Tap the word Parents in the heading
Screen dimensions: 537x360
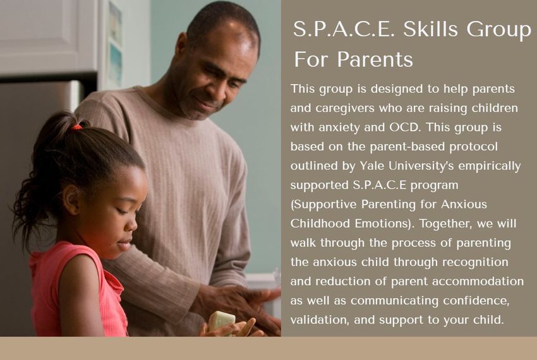[375, 59]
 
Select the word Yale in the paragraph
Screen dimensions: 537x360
[371, 165]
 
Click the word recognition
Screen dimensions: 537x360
[475, 263]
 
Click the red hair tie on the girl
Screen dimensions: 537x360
[76, 127]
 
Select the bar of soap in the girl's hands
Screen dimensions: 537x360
[222, 321]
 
